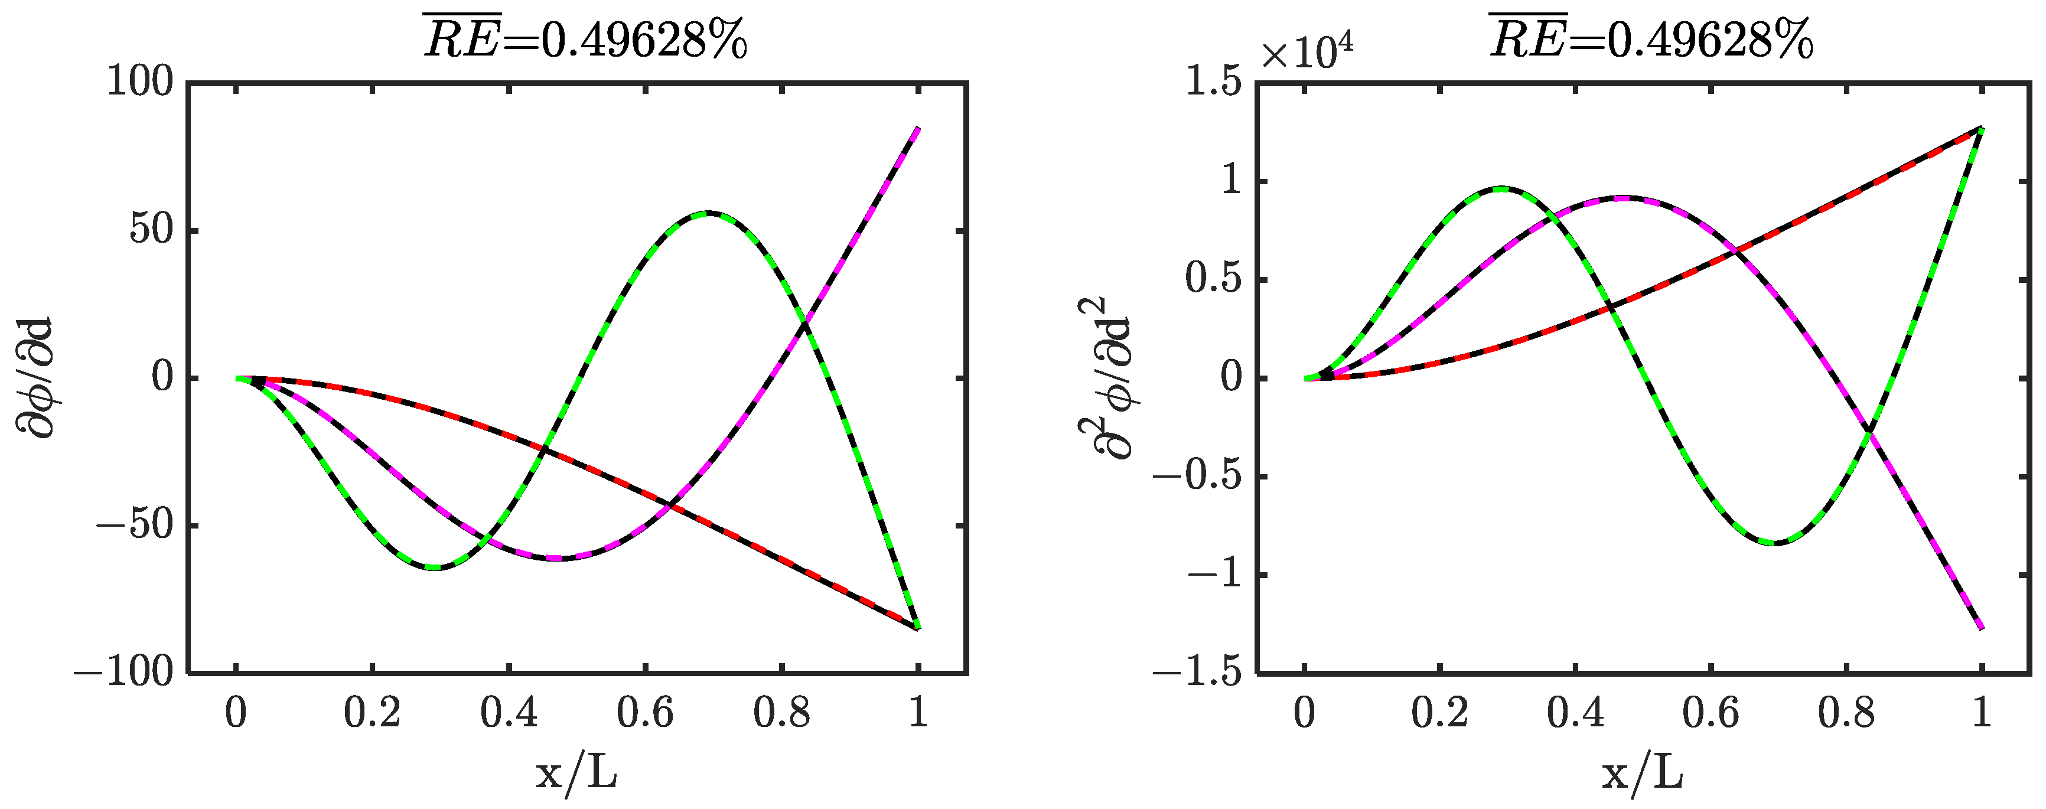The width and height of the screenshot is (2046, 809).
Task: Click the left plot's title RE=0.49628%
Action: coord(585,38)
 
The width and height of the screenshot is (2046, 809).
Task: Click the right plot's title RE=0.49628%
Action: coord(1651,38)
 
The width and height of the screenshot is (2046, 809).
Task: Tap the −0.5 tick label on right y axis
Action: coord(1197,477)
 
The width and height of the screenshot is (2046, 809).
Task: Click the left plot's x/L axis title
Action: coord(576,772)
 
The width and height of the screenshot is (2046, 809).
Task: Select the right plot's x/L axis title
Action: coord(1643,772)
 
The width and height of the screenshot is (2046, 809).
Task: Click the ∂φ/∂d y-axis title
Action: coord(36,378)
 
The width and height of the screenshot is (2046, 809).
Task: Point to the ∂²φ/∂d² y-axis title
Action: coord(1106,378)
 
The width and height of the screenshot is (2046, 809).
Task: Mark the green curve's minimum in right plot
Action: coord(1774,543)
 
